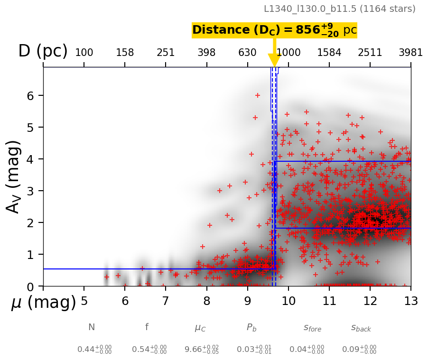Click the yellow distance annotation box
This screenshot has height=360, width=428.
click(x=274, y=30)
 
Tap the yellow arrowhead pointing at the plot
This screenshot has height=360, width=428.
click(x=275, y=60)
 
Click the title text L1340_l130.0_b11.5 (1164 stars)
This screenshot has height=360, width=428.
click(x=339, y=9)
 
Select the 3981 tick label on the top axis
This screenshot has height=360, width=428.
click(x=410, y=53)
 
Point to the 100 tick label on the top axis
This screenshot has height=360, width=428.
click(x=84, y=53)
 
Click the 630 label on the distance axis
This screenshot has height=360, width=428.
click(x=247, y=53)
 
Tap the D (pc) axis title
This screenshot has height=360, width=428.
click(x=43, y=51)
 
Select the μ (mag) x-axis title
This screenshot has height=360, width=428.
click(x=44, y=303)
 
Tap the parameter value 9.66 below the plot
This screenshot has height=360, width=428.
click(x=201, y=350)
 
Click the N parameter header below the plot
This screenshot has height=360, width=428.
click(x=92, y=327)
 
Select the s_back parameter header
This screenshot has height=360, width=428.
click(x=361, y=328)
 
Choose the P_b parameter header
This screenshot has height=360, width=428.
click(x=251, y=328)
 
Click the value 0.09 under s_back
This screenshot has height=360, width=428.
click(x=359, y=350)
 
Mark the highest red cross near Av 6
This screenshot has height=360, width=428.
click(x=258, y=95)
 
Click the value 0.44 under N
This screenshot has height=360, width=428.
click(x=94, y=350)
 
